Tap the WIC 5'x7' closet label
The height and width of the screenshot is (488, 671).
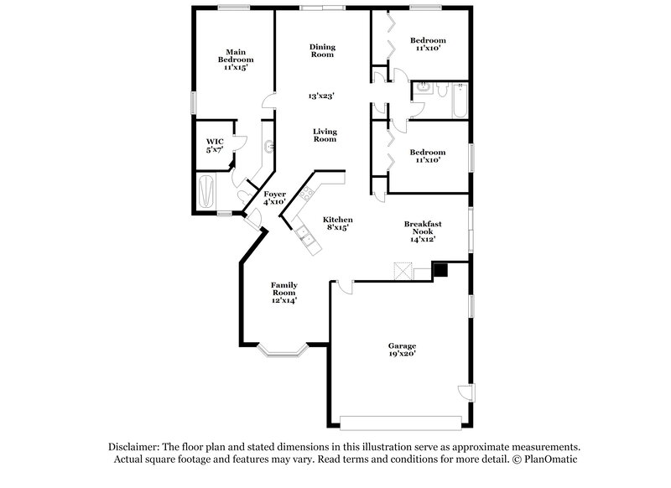215,144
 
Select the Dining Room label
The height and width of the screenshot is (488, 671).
322,50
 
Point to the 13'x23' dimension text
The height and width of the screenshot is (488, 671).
321,96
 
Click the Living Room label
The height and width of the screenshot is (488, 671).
325,135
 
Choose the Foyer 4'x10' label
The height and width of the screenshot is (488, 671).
274,198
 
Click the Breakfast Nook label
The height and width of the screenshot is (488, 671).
423,231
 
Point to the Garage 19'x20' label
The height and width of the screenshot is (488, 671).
402,350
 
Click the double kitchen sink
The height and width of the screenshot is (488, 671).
309,241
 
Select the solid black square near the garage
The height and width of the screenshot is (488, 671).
439,270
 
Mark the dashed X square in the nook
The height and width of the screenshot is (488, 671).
403,270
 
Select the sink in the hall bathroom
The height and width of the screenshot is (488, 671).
423,89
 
